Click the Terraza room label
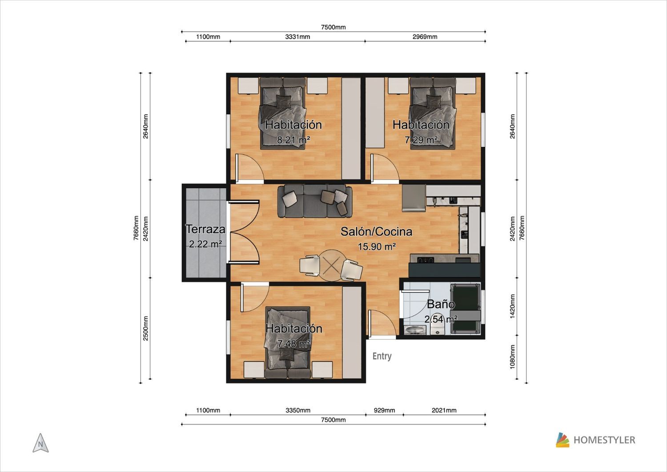coord(205,229)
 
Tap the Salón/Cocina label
coord(376,232)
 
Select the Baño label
coord(441,304)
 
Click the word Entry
coord(382,356)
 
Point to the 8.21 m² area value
coord(293,139)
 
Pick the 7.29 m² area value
coord(421,139)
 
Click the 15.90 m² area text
coord(377,247)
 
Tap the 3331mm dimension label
coord(297,37)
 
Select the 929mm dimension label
coord(385,410)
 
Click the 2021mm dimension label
coord(444,410)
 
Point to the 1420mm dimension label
coord(512,306)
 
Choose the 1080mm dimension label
coord(512,357)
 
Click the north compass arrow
coord(40,443)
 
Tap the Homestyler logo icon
coord(563,440)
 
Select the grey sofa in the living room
coord(315,201)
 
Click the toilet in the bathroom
coord(437,329)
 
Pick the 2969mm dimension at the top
coord(425,37)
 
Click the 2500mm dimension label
coord(145,328)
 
